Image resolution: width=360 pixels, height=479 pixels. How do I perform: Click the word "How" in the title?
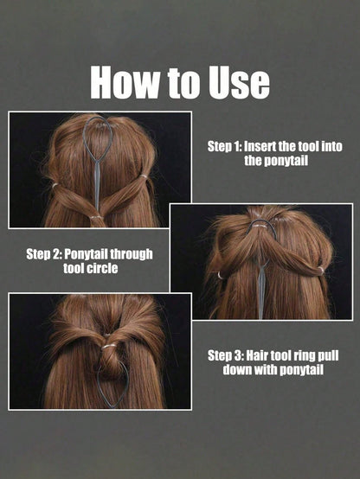point(125,83)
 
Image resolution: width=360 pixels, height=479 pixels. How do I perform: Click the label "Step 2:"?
point(44,254)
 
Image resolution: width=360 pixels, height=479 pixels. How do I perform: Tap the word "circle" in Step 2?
point(102,268)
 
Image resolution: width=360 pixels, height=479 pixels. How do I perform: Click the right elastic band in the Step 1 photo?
point(144,176)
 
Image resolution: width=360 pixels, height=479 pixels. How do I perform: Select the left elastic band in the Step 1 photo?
point(55,185)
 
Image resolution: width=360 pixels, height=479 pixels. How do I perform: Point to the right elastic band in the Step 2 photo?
point(320,269)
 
